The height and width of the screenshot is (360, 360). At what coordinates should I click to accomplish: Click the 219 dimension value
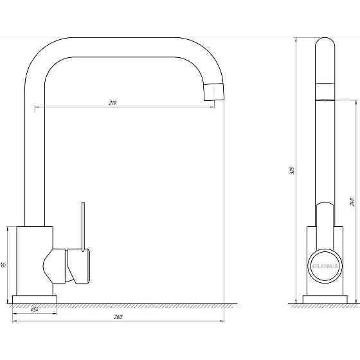(x=113, y=103)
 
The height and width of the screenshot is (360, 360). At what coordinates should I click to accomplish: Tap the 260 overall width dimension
(x=118, y=317)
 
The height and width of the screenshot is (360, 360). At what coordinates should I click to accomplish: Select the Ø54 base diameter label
(x=35, y=310)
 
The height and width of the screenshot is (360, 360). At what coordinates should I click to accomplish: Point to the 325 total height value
(x=292, y=170)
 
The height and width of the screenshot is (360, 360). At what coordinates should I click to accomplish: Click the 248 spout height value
(x=353, y=201)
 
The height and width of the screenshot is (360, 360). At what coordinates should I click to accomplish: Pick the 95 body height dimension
(x=4, y=265)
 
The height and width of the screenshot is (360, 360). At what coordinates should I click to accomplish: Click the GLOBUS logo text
(x=325, y=266)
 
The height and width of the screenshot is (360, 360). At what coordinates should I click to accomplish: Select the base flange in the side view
(x=325, y=300)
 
